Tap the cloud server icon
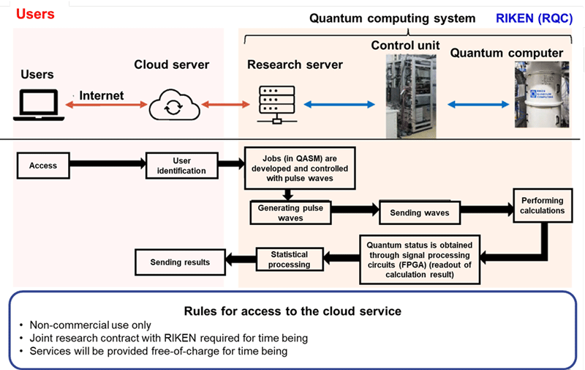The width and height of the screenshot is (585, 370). pos(173,106)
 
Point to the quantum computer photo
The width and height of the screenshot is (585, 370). pos(540,94)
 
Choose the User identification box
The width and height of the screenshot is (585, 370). pos(182,166)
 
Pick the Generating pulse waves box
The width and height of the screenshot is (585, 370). pos(290,212)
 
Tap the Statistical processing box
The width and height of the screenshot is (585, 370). pos(289,259)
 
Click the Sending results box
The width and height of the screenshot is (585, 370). pos(180,262)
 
